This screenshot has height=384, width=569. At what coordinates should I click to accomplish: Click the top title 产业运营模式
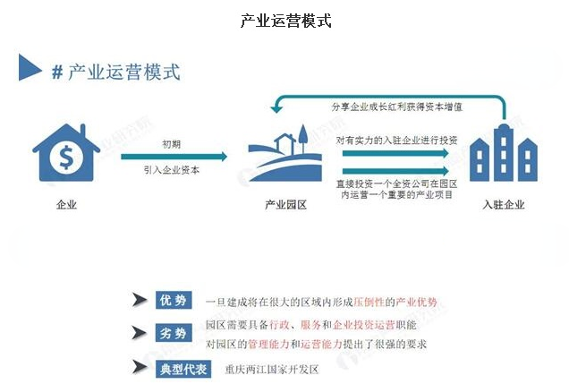[285, 20]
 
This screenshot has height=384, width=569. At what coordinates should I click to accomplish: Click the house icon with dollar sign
[65, 156]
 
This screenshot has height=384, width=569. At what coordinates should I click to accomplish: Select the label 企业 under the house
[65, 205]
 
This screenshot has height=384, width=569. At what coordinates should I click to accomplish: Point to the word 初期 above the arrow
[173, 143]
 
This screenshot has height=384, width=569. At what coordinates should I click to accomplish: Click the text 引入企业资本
[173, 170]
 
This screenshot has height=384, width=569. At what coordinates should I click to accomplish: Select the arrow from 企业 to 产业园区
[174, 157]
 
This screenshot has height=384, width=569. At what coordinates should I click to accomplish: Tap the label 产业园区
[285, 205]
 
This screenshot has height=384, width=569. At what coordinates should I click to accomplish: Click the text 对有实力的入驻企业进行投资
[396, 141]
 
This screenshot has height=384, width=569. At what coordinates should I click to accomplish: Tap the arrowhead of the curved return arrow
[278, 107]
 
